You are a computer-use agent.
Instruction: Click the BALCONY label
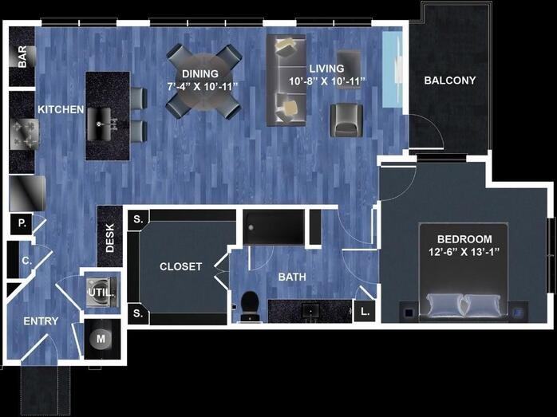(x=449, y=81)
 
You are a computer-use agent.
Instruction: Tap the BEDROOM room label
(x=464, y=239)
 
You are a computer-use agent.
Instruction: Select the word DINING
(x=195, y=74)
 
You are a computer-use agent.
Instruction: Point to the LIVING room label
(x=327, y=69)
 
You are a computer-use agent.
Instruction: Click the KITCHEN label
(x=61, y=109)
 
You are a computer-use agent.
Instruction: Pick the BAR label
(x=22, y=57)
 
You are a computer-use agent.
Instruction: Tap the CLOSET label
(x=180, y=267)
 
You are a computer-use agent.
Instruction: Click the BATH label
(x=291, y=277)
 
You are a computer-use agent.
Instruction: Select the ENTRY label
(x=40, y=321)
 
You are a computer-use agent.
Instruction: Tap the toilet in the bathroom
(x=250, y=304)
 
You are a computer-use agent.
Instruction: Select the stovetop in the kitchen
(x=22, y=132)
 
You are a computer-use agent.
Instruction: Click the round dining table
(x=203, y=81)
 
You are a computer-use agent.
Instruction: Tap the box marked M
(x=101, y=339)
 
